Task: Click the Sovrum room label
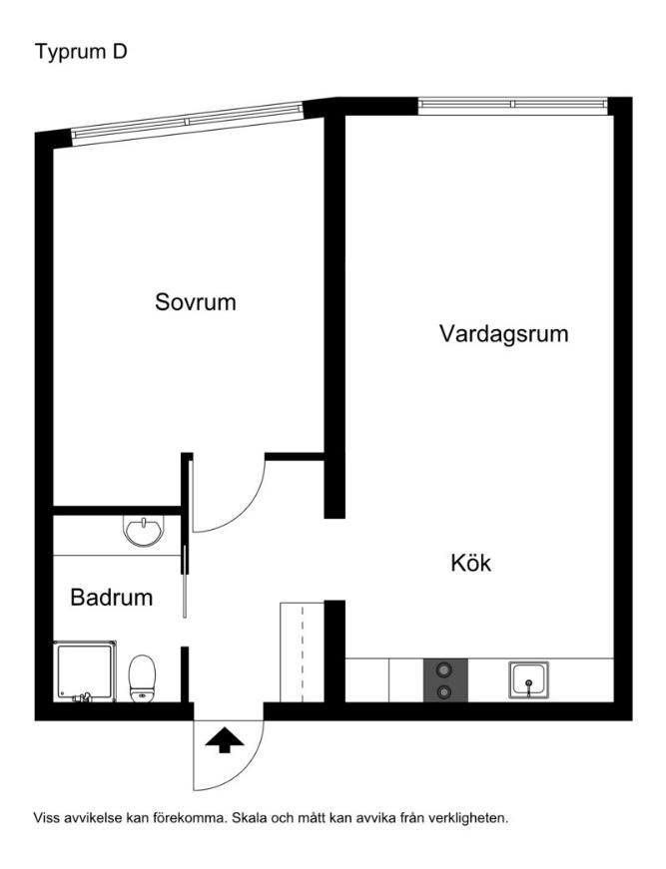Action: pos(196,301)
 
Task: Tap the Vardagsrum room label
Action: pos(503,333)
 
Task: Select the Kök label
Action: pos(470,563)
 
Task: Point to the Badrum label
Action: pos(111,598)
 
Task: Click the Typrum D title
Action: pos(81,51)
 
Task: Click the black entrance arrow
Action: pos(225,740)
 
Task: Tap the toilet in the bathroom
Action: pos(143,677)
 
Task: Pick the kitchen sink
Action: pos(527,680)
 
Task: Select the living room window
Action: pos(512,104)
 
